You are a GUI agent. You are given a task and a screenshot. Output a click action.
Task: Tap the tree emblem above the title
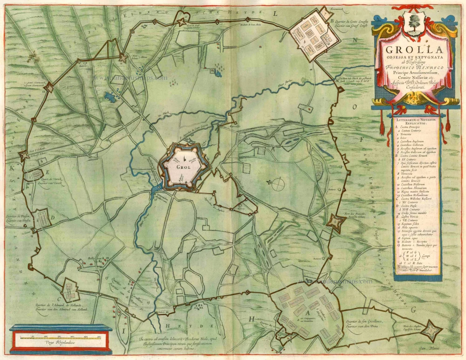point(412,21)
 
